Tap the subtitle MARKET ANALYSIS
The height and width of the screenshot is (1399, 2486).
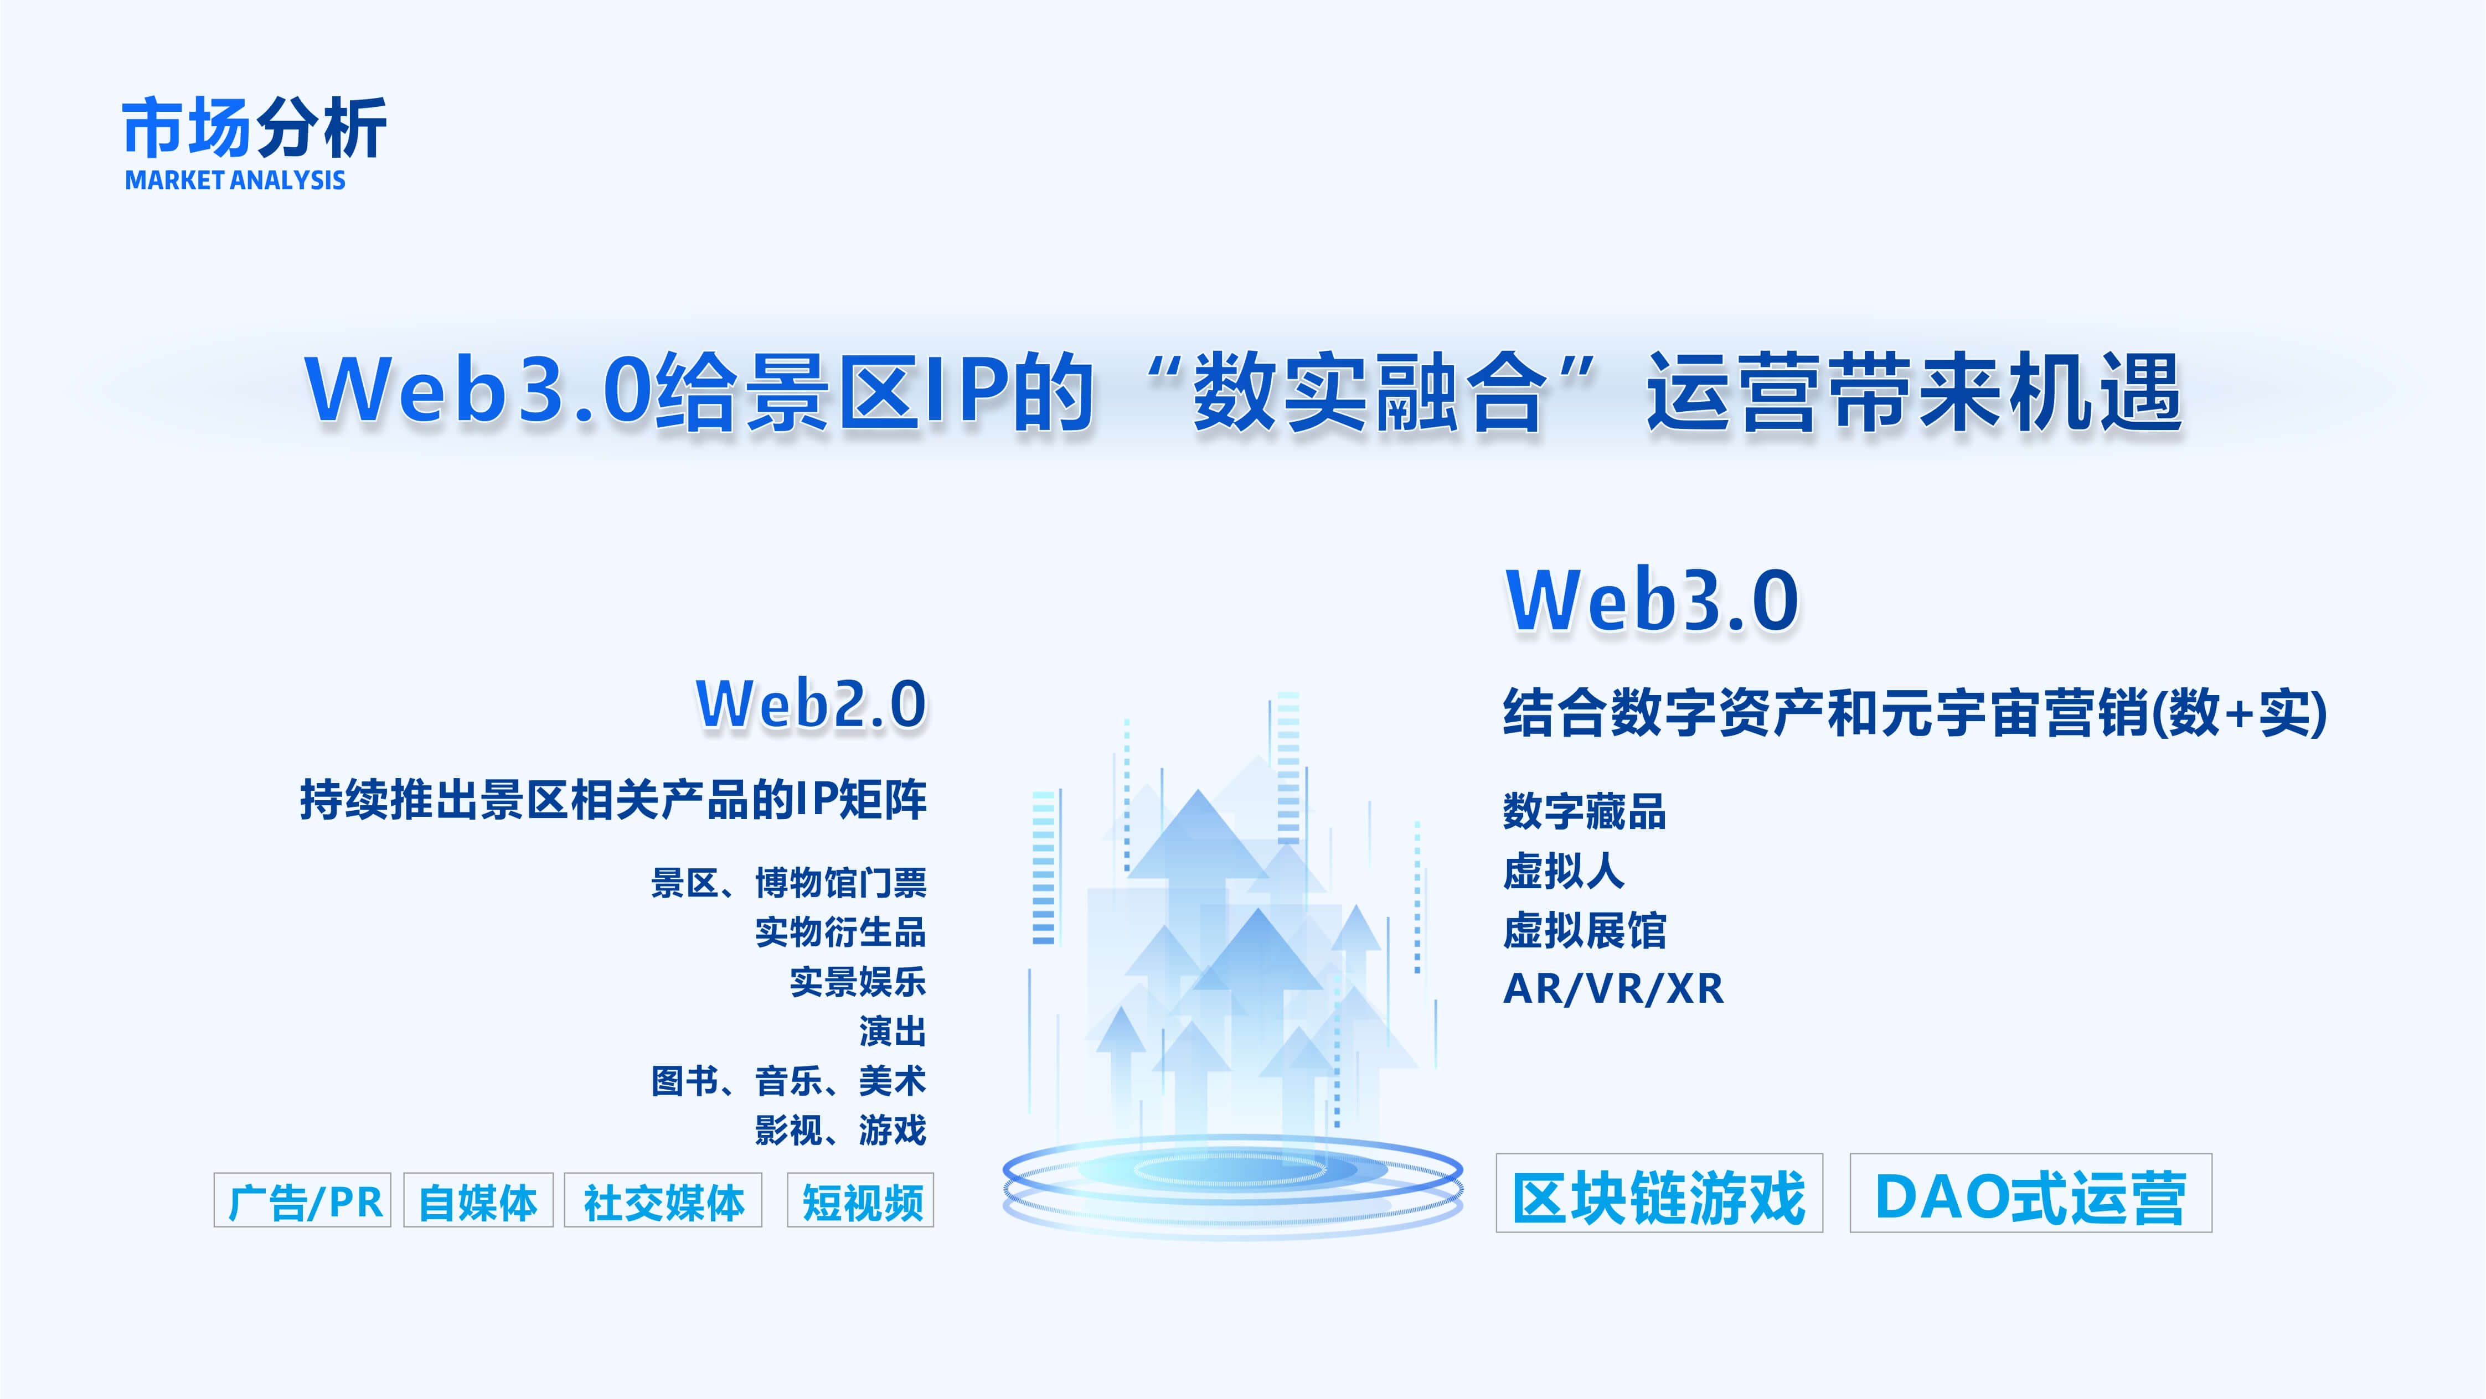click(x=235, y=180)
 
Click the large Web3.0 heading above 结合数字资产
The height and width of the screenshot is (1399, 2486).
click(x=1652, y=600)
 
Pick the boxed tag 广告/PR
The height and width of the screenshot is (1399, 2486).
click(x=302, y=1200)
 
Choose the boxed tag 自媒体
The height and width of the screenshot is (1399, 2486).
click(x=478, y=1200)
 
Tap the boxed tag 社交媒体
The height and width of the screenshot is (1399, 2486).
click(x=663, y=1200)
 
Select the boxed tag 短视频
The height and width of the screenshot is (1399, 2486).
click(x=861, y=1200)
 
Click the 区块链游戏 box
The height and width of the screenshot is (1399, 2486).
click(x=1659, y=1194)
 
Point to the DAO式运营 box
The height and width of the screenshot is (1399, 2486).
click(x=2030, y=1194)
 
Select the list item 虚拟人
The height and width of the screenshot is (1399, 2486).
click(x=1564, y=871)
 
